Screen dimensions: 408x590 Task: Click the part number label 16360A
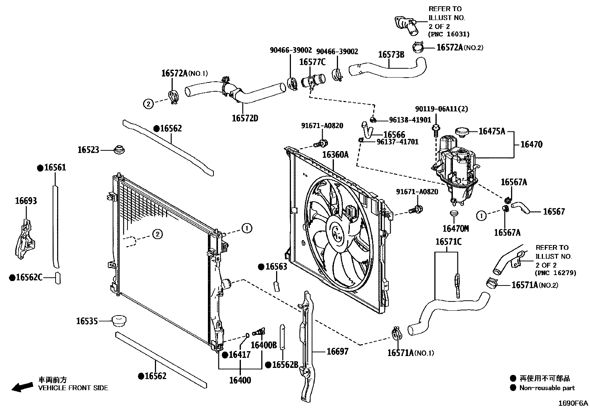[335, 155]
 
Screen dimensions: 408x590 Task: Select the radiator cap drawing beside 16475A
[461, 132]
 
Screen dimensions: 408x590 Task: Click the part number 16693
[26, 201]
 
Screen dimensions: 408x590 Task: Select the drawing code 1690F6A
[573, 403]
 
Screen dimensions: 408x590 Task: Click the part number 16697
[337, 351]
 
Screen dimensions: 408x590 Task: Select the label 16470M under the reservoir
[455, 228]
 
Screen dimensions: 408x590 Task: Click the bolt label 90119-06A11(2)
[441, 109]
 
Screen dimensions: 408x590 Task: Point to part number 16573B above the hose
[391, 55]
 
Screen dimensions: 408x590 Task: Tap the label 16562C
[29, 277]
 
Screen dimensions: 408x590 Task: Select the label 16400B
[263, 345]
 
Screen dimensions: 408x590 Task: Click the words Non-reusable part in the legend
[547, 388]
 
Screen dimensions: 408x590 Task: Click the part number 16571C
[448, 242]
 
